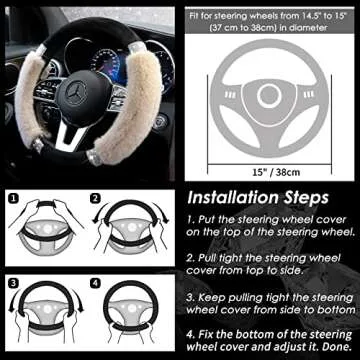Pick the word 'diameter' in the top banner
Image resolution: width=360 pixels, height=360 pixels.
pos(314,25)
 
